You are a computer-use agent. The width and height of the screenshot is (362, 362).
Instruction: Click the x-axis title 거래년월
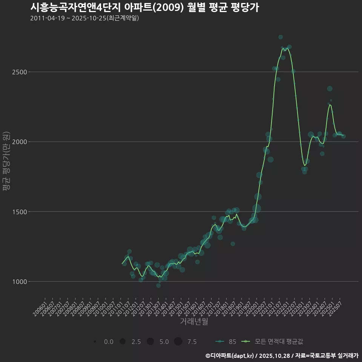coord(194,322)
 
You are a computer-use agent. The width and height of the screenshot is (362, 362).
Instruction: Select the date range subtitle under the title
coord(84,18)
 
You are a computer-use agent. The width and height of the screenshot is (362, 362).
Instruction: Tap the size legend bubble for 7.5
coord(178,342)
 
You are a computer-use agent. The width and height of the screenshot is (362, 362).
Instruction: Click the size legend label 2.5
coord(136,342)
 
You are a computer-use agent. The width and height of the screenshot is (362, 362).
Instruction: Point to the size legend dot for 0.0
coord(95,342)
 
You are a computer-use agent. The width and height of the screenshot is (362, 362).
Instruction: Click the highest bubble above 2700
coord(281,37)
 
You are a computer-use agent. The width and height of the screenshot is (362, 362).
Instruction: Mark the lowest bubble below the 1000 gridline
coord(158,285)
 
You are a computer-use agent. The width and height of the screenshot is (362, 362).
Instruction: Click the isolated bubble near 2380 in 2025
coord(330,89)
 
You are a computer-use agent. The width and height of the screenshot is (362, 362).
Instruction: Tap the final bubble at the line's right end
coord(344,136)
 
